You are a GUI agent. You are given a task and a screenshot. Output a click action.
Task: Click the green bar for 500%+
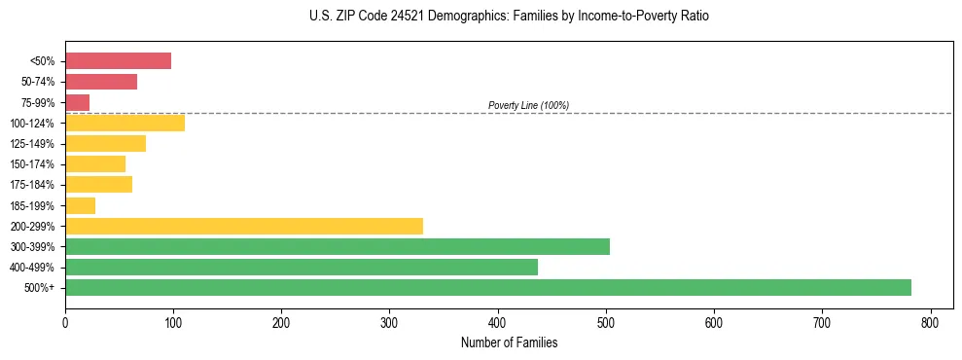pos(487,287)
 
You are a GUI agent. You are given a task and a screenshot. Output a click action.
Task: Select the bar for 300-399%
pos(337,246)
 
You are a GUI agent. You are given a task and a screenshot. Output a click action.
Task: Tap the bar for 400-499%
pos(301,267)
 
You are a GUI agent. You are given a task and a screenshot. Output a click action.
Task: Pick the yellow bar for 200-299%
pos(243,226)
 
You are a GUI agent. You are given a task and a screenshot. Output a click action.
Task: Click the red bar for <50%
pos(118,61)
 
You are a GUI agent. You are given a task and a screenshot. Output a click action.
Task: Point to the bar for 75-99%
pos(77,102)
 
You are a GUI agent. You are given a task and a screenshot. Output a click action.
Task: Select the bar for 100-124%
pos(125,123)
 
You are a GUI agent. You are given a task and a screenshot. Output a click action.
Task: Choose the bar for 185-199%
pos(80,205)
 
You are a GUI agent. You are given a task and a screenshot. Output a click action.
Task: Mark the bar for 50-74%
pos(101,82)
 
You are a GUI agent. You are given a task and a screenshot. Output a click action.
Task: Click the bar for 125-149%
pos(105,144)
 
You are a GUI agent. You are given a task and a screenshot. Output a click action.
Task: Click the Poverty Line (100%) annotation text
pos(528,105)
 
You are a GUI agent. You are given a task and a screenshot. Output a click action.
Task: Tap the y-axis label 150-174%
pos(32,164)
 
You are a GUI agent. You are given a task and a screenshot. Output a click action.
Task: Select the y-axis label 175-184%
pos(32,185)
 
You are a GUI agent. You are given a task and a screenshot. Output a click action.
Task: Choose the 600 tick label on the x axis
pos(714,322)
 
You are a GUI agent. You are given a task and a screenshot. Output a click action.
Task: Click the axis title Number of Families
pos(509,342)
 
